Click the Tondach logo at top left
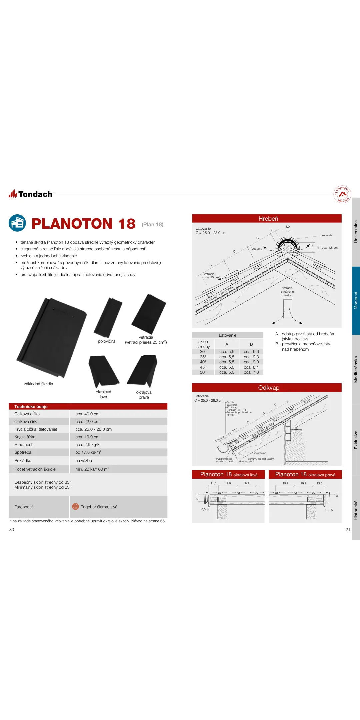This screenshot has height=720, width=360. [x=31, y=194]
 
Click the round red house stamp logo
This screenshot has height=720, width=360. [x=342, y=194]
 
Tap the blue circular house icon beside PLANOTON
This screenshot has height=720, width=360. [x=17, y=223]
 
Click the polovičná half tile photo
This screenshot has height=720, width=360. [x=108, y=317]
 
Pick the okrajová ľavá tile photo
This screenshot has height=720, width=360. [x=103, y=371]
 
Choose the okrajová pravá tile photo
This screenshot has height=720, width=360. [x=143, y=370]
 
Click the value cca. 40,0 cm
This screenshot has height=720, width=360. [x=87, y=414]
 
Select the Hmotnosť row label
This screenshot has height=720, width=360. [x=23, y=445]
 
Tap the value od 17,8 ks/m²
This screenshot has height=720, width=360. [x=88, y=452]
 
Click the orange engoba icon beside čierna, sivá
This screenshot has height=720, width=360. [x=76, y=507]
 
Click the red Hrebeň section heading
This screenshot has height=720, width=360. [x=268, y=219]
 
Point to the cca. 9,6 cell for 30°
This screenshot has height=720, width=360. [x=251, y=352]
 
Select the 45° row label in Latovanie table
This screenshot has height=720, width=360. [x=203, y=367]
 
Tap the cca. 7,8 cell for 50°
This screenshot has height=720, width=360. [x=251, y=372]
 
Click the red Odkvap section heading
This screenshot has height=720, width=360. [x=268, y=388]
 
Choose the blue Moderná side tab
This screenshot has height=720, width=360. [x=356, y=300]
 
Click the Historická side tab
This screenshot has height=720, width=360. [x=356, y=510]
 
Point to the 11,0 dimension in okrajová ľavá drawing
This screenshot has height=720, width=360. [x=213, y=483]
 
